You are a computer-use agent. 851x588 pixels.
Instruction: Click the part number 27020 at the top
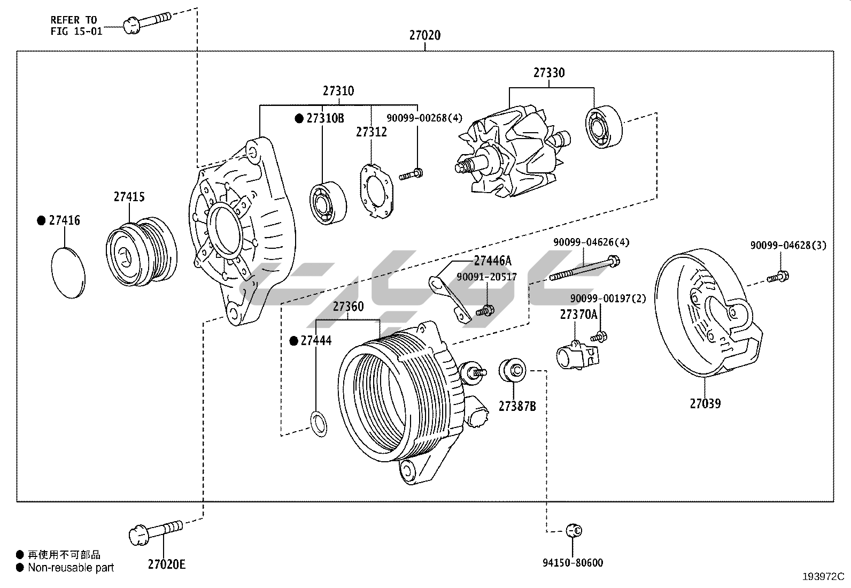pos(425,35)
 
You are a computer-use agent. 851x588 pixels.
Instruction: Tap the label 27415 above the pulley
pos(129,197)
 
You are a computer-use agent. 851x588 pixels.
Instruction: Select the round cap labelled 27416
pos(69,272)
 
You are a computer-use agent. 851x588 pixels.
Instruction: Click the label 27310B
pos(325,118)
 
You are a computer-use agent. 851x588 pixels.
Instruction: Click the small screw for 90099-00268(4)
pos(411,174)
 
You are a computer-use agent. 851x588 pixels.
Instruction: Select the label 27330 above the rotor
pos(549,72)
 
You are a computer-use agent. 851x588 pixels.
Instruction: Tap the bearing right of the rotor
pos(605,127)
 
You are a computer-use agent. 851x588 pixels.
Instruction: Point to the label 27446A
pos(492,261)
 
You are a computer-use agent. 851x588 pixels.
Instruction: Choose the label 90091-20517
pos(486,277)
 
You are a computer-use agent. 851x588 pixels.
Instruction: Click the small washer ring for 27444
pos(319,423)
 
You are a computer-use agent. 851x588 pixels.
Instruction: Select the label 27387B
pos(517,407)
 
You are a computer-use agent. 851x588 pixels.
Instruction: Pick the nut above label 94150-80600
pos(574,530)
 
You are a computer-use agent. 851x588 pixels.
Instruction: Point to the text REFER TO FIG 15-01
pos(76,25)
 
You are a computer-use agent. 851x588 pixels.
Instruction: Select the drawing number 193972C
pos(823,576)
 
